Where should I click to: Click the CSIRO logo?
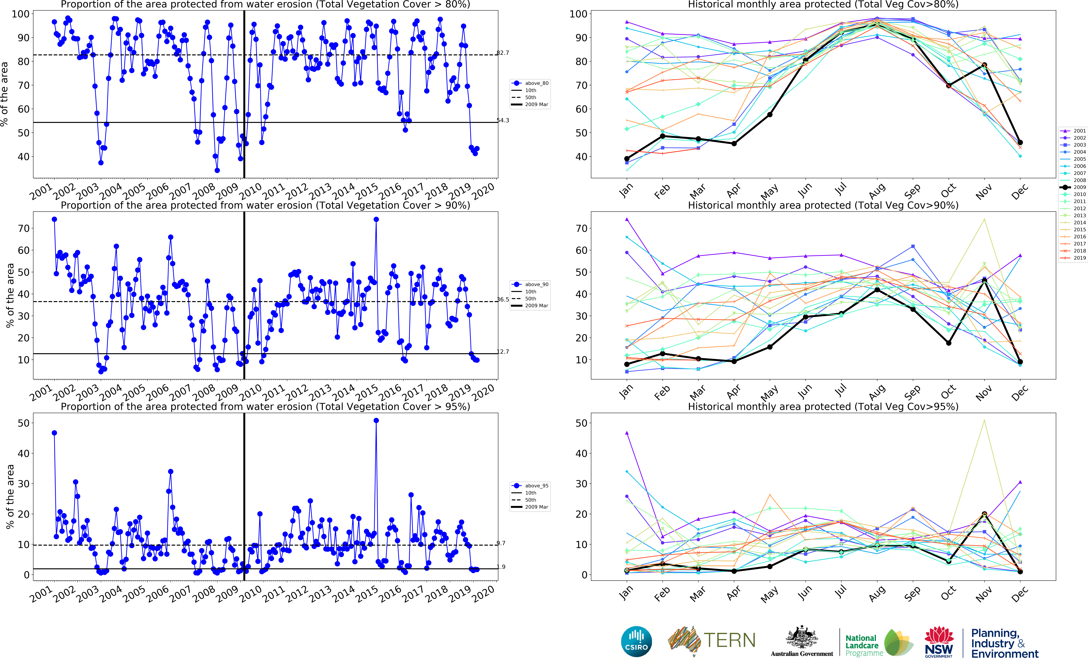tap(636, 641)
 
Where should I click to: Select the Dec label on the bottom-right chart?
tap(1019, 594)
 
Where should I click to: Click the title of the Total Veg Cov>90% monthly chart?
tap(823, 205)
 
